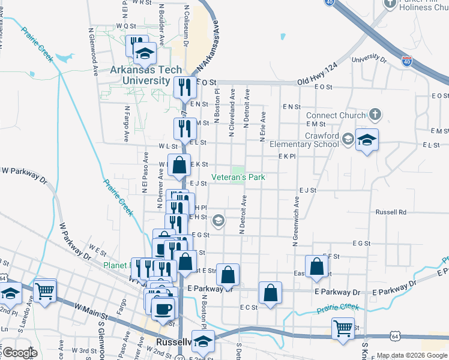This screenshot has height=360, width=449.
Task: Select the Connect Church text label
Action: click(x=336, y=115)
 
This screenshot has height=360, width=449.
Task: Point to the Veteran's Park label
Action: click(x=238, y=177)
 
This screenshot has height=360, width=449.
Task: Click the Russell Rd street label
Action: click(x=391, y=212)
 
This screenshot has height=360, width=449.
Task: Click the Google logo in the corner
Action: click(x=20, y=353)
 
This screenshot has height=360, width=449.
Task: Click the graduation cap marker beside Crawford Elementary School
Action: click(x=367, y=140)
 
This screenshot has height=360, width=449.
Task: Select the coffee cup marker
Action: click(x=161, y=308)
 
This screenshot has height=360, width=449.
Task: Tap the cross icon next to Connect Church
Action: click(x=375, y=114)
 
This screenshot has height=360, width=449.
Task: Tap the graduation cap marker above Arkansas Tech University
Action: click(x=144, y=54)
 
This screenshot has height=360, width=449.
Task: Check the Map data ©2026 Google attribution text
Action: click(x=412, y=356)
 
